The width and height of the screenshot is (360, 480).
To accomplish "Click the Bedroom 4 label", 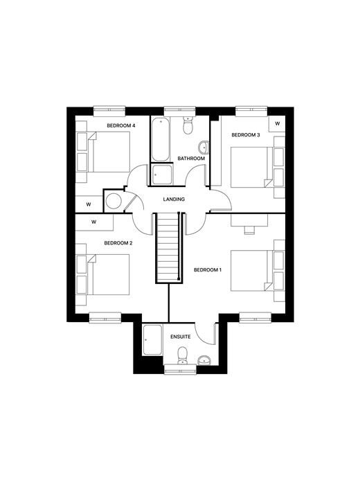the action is coord(121,125).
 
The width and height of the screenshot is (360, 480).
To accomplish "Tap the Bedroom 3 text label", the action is coord(246,134).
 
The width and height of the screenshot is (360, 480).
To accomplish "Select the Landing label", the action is coord(174,199).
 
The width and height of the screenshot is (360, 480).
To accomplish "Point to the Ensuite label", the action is coord(181,337).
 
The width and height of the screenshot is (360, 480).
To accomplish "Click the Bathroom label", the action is coord(191,159).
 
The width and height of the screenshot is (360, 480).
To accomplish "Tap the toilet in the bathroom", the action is coord(188,125).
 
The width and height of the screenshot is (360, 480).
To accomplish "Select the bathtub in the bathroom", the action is coord(160,139).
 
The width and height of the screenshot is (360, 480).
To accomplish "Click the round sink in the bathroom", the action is coord(204,148).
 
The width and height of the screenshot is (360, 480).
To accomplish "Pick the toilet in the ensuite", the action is coord(182,356).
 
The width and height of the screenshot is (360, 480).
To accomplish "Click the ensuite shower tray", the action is coord(152,340).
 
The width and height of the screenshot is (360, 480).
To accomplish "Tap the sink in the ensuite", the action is coord(204,361).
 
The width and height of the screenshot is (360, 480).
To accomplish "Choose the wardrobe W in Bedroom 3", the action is coord(277,124).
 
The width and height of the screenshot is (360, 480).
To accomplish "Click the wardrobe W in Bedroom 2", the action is coord(94,222).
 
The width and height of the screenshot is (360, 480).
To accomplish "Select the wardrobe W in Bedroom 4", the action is coord(89,204).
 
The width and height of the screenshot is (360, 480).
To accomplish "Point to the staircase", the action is coord(168,248).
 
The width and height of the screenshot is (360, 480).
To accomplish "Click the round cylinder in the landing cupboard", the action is coord(114,201).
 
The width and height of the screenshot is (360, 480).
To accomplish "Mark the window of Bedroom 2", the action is coord(105,317).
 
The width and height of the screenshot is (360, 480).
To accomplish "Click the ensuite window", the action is coord(181,369).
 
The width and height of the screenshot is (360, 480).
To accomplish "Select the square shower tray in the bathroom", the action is coord(162,175).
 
